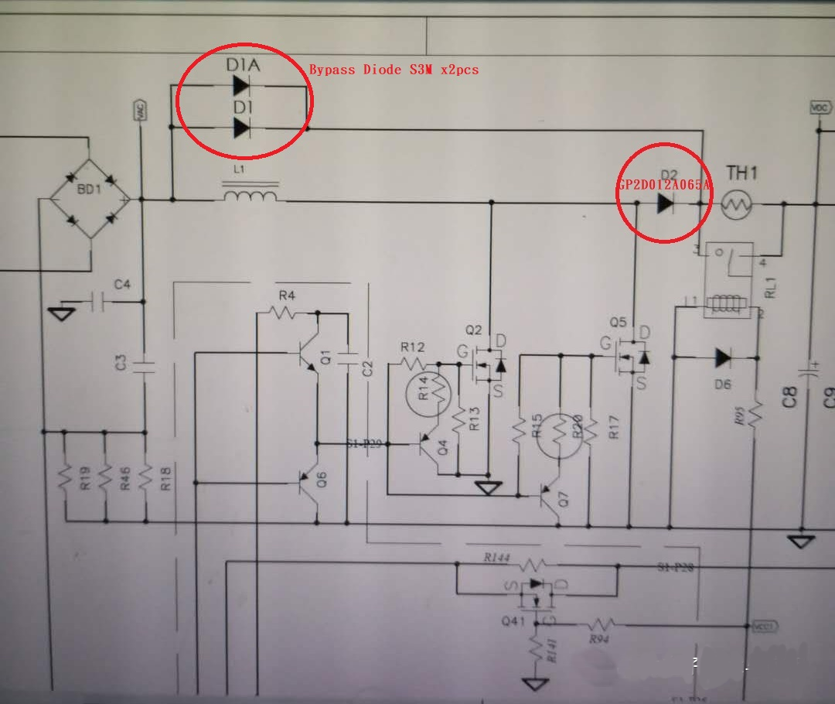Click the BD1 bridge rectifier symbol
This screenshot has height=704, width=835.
(90, 200)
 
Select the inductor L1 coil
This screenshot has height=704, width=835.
(250, 195)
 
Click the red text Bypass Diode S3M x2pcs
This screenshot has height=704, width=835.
(394, 70)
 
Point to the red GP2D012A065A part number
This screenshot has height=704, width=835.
(664, 186)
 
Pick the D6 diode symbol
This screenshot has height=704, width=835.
(723, 357)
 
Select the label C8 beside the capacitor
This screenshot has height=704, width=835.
(789, 398)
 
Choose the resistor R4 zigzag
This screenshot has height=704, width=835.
(285, 313)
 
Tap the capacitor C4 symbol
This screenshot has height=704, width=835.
(97, 301)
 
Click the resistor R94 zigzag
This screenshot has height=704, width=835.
(600, 624)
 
